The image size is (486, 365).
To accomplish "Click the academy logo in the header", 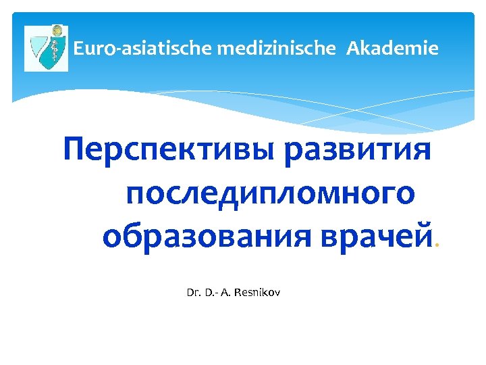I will point(47,49).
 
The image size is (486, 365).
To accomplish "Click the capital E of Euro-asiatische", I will point(78,49).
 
